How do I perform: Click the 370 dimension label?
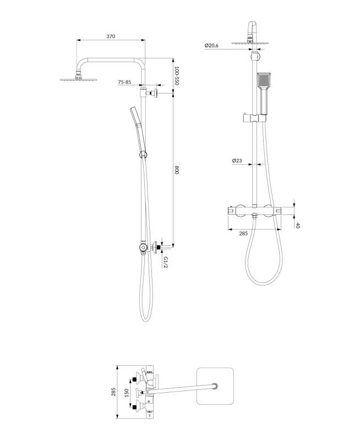111,36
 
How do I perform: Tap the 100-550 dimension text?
177,76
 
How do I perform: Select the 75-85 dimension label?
124,82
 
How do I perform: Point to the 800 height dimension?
177,170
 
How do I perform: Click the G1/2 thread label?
166,262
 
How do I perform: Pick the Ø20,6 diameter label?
211,45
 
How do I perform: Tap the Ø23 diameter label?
237,161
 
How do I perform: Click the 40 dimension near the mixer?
298,226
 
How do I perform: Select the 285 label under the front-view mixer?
243,233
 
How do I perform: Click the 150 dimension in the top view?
127,393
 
